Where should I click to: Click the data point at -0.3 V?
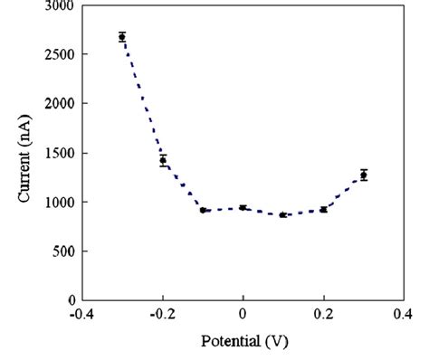click(122, 37)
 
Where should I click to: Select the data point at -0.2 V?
click(163, 160)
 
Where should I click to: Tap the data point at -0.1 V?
click(203, 210)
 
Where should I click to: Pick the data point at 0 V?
click(243, 208)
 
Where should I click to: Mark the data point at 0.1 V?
click(282, 215)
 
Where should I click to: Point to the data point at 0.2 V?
click(323, 210)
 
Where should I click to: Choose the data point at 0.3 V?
click(363, 175)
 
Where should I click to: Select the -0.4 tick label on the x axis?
click(81, 313)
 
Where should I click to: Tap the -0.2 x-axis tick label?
click(161, 313)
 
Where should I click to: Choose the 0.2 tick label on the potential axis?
click(323, 313)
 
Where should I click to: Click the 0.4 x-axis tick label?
click(403, 313)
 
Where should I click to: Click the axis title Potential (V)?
click(243, 343)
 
